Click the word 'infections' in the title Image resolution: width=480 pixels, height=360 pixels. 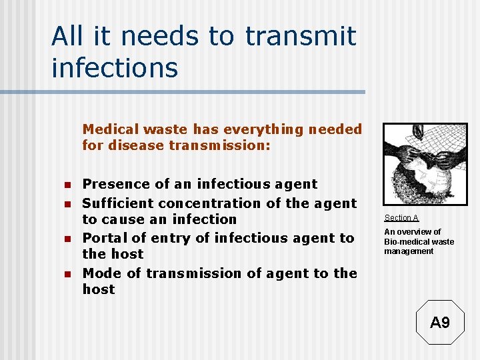click(x=115, y=67)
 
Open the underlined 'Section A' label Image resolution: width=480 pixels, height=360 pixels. click(x=401, y=218)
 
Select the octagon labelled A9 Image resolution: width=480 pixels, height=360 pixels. click(x=440, y=323)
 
